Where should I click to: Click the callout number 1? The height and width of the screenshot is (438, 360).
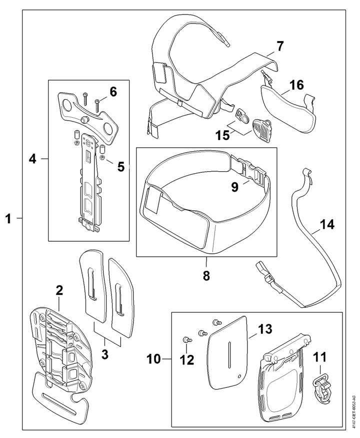(x=8, y=218)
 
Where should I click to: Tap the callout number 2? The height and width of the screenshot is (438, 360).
(x=59, y=290)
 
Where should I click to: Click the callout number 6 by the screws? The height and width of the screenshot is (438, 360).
(x=113, y=92)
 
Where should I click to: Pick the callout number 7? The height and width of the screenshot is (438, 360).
(x=280, y=47)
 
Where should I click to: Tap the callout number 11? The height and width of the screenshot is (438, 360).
(x=319, y=358)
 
